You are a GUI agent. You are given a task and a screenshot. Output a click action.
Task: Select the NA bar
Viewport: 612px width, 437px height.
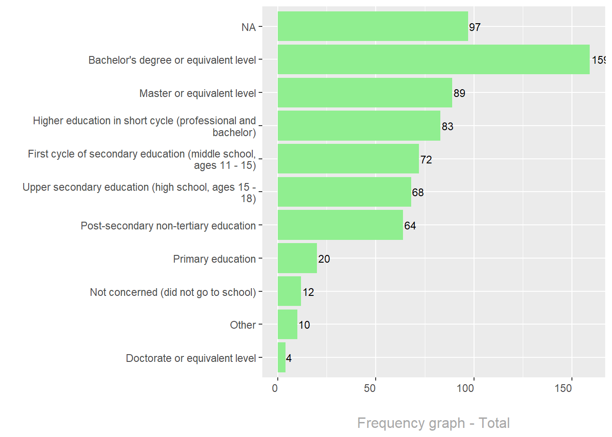372,26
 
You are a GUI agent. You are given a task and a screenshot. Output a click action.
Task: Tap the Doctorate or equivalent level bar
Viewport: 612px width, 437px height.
281,358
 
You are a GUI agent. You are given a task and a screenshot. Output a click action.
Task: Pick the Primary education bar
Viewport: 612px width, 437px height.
297,258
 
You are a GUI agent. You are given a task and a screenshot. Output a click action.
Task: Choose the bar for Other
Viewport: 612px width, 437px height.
287,325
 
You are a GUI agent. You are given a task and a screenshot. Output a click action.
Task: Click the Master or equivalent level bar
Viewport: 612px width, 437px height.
365,93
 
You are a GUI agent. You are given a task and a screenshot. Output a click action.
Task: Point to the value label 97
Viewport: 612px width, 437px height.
475,27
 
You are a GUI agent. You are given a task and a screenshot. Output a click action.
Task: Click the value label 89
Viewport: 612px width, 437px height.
459,93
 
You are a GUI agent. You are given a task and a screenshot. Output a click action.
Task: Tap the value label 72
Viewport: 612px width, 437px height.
426,160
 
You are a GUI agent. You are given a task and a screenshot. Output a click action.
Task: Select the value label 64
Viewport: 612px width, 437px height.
410,226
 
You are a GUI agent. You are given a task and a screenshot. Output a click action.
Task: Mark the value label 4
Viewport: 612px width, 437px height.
289,358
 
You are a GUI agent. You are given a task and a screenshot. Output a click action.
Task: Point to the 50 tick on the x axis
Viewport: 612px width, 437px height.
370,388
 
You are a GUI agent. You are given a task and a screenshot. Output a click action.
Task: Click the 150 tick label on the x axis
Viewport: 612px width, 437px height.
563,388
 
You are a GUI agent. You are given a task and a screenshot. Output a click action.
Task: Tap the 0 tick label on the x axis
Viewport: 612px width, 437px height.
275,388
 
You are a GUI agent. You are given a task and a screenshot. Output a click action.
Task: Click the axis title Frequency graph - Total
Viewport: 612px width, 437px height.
433,423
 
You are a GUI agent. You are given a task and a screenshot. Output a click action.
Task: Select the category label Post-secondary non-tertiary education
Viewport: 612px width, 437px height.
168,226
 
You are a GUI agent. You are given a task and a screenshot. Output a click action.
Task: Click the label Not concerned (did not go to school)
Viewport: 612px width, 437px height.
173,292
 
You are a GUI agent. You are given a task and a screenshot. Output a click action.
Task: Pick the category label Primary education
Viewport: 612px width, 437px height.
214,259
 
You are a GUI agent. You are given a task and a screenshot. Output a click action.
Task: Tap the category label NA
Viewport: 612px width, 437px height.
249,27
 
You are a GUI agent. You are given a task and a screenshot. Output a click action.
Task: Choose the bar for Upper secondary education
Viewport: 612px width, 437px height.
344,192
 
